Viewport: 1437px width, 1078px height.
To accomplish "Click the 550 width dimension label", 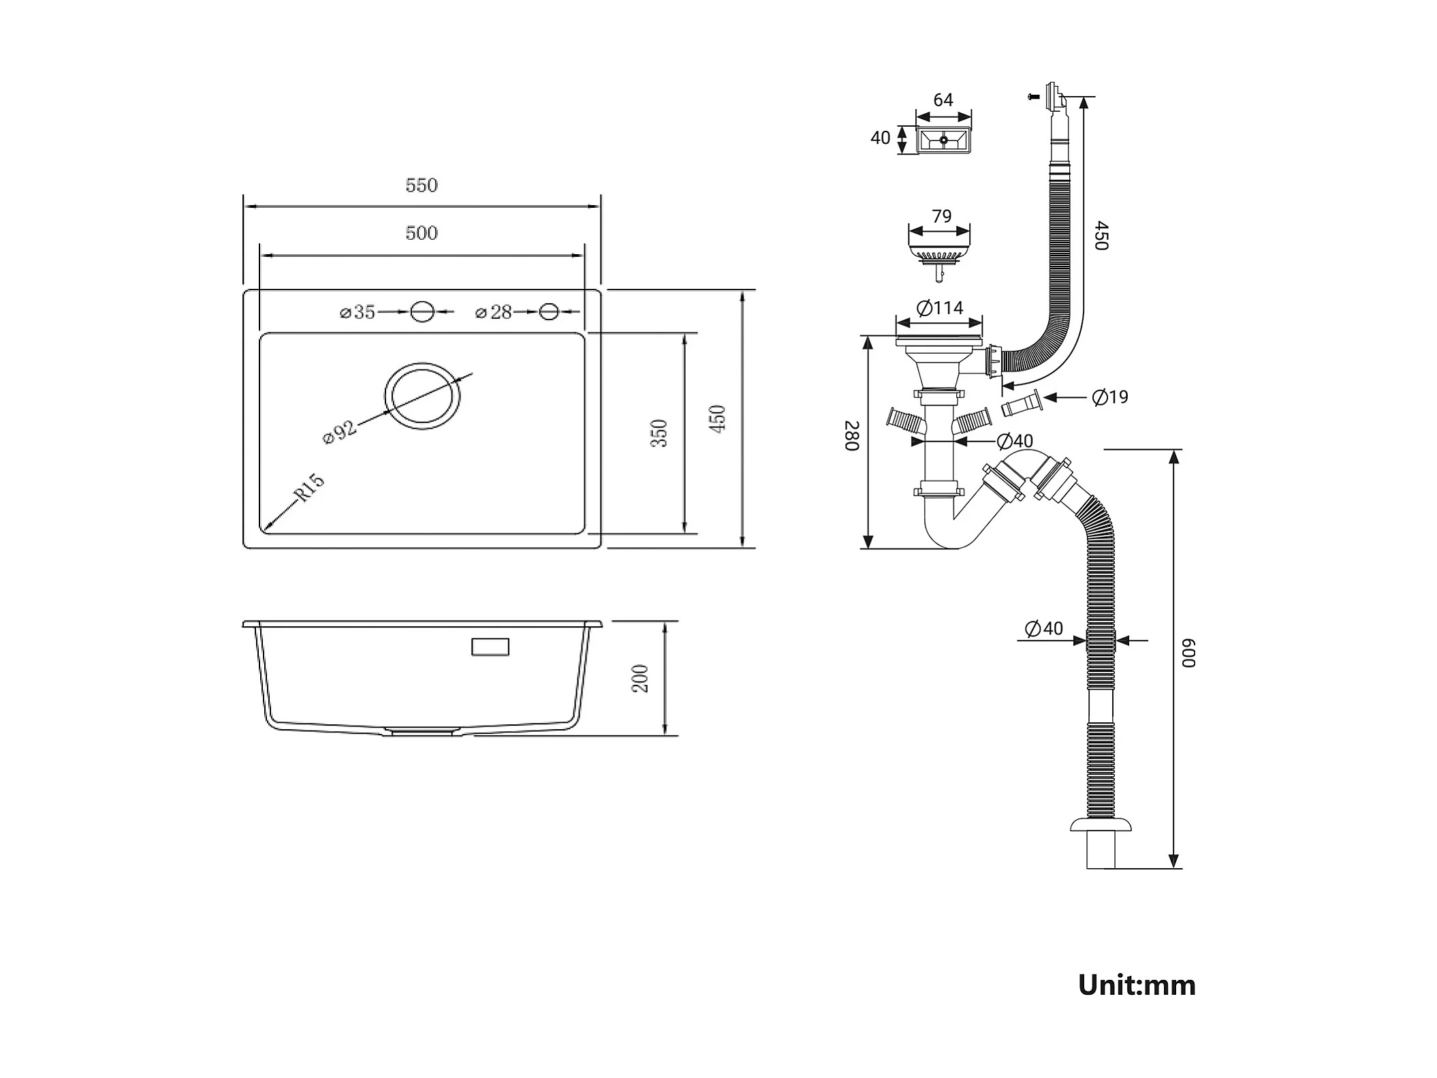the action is click(x=422, y=185).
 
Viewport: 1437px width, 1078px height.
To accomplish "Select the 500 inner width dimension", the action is click(x=422, y=233).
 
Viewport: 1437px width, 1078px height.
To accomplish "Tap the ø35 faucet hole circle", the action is click(x=422, y=311).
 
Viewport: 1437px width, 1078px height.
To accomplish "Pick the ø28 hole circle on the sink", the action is click(x=549, y=311).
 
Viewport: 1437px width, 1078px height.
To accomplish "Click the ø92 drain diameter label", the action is click(x=339, y=432).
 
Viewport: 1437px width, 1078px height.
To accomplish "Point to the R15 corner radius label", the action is click(x=309, y=488).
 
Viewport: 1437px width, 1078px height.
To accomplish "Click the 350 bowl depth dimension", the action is click(x=659, y=433).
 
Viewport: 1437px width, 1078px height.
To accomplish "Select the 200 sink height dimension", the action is click(x=640, y=679).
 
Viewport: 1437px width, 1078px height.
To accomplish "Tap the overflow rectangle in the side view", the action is click(x=490, y=647).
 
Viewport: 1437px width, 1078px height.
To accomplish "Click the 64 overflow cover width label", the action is click(x=943, y=100).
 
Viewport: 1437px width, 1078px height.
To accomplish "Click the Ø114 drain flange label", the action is click(x=941, y=309).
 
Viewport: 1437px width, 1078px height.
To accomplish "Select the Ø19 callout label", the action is click(x=1110, y=397).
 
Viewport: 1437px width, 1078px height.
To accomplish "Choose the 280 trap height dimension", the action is click(x=852, y=436).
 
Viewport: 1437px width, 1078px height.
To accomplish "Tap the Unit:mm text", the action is click(x=1137, y=985).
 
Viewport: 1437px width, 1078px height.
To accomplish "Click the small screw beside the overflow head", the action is click(x=1033, y=97).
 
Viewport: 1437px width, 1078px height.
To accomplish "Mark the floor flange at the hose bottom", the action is click(x=1101, y=825).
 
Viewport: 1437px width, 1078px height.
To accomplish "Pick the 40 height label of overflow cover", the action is click(x=880, y=138).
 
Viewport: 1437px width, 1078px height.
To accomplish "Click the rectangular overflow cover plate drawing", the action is click(x=943, y=140).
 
